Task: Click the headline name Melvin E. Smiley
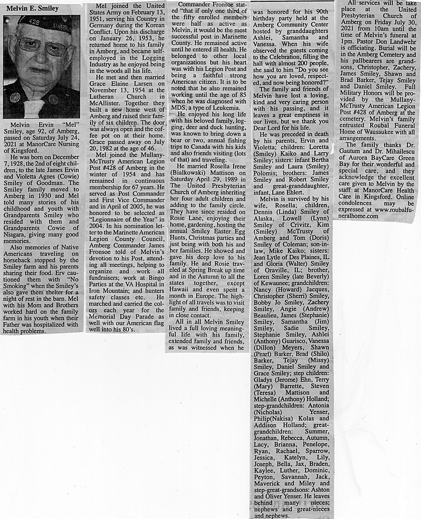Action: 32,8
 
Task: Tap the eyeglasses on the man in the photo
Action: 44,47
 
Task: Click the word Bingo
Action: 156,278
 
